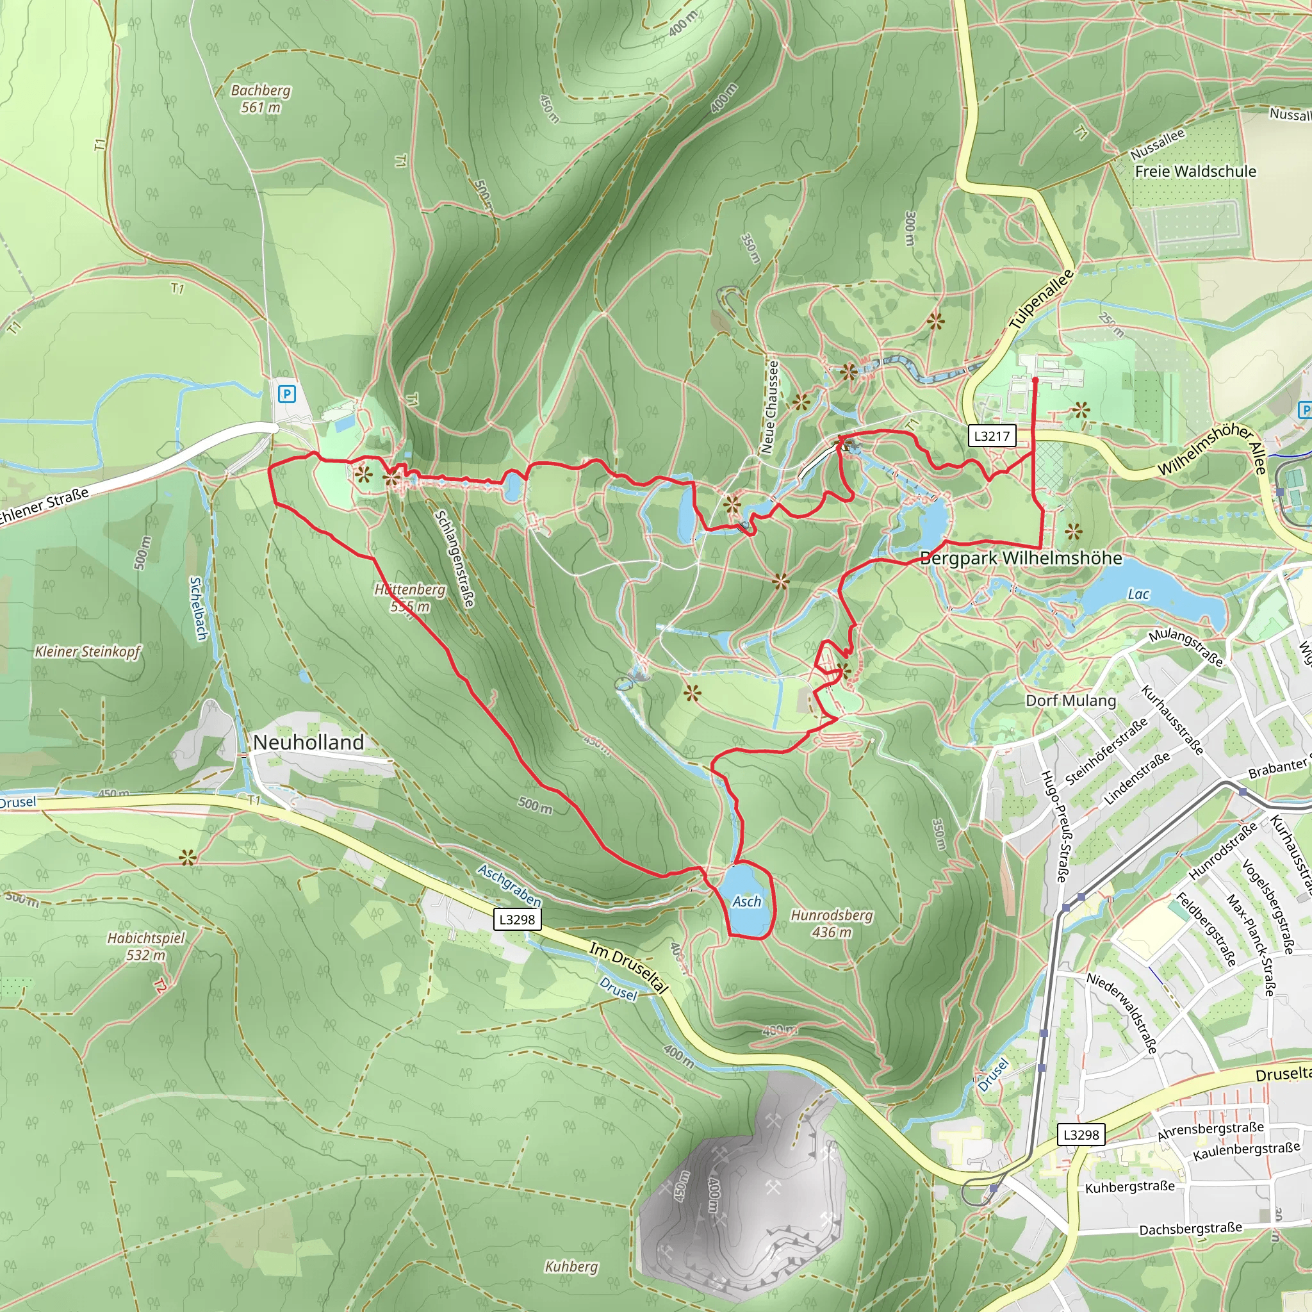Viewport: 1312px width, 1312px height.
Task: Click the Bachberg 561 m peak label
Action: click(x=260, y=99)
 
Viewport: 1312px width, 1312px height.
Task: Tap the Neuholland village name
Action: click(x=308, y=742)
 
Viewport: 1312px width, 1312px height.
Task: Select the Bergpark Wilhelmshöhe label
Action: click(x=1021, y=558)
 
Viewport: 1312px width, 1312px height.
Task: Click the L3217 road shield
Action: click(x=992, y=436)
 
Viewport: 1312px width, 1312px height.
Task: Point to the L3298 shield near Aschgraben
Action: click(x=518, y=919)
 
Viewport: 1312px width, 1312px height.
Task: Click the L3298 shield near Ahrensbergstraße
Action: click(x=1081, y=1134)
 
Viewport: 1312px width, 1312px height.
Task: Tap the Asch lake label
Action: click(x=746, y=901)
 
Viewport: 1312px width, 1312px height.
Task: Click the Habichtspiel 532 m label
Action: click(x=146, y=946)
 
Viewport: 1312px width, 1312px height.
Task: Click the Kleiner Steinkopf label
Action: click(x=88, y=652)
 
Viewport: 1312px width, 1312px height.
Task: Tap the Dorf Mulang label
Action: click(x=1070, y=701)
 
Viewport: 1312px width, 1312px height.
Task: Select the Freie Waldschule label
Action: click(x=1195, y=171)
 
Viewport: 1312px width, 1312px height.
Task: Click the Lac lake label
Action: click(x=1138, y=594)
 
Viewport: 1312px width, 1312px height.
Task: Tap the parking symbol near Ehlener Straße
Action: click(x=287, y=394)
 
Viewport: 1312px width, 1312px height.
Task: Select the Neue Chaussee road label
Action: click(x=769, y=407)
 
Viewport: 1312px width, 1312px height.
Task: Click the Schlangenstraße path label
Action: click(x=454, y=558)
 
